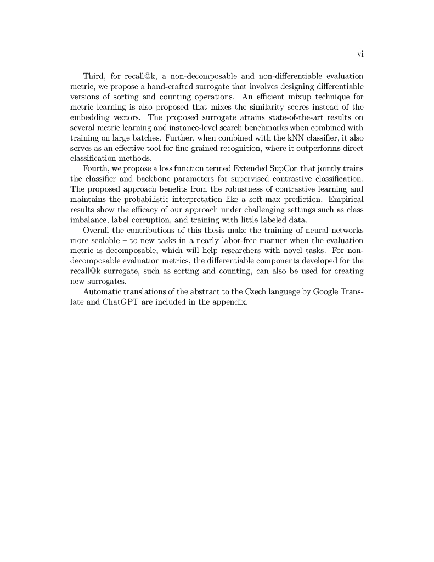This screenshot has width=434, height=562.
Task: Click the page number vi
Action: [x=360, y=54]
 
